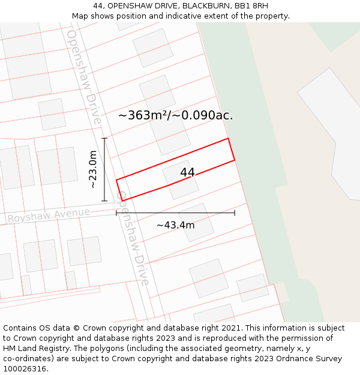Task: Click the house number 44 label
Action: pyautogui.click(x=187, y=173)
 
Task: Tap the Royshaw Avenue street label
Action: pyautogui.click(x=49, y=215)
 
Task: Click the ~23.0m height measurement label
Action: pyautogui.click(x=93, y=170)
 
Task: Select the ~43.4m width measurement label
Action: pyautogui.click(x=175, y=225)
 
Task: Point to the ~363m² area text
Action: pyautogui.click(x=143, y=115)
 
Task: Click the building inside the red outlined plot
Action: pyautogui.click(x=181, y=179)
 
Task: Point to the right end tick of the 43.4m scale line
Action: pyautogui.click(x=235, y=212)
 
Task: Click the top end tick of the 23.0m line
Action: pyautogui.click(x=104, y=139)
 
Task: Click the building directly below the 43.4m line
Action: pyautogui.click(x=196, y=223)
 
